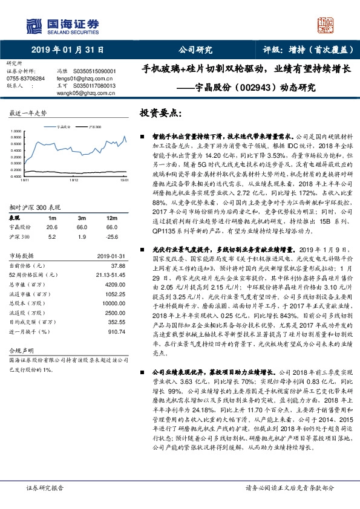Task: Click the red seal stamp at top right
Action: pyautogui.click(x=327, y=26)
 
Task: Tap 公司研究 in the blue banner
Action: pyautogui.click(x=195, y=51)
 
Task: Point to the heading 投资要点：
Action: pyautogui.click(x=160, y=113)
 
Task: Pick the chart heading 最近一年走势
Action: pyautogui.click(x=28, y=114)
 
